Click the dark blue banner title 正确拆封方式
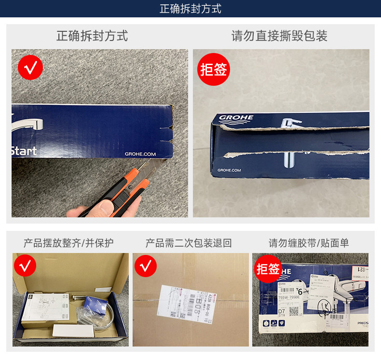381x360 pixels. coord(190,9)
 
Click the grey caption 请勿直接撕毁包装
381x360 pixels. coord(279,36)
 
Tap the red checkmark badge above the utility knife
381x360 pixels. coord(30,67)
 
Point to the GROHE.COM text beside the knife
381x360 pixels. coord(140,154)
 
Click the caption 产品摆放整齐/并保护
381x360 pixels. coord(69,242)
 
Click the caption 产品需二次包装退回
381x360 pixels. coord(189,242)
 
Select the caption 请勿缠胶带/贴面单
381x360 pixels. coord(309,242)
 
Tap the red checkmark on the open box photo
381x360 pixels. coord(25,265)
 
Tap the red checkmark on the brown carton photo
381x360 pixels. coord(146,265)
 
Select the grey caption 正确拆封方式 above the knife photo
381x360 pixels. coord(92,36)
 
